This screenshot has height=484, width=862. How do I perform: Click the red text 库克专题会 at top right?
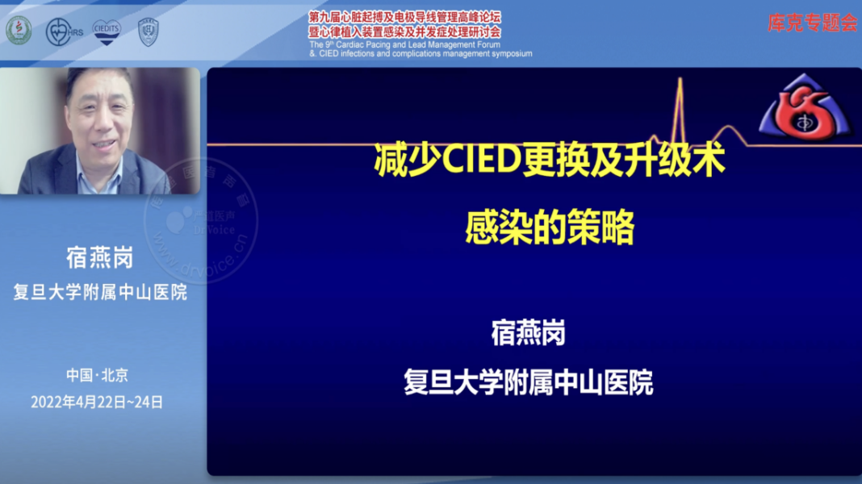812,23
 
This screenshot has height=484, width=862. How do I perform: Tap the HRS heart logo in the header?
64,31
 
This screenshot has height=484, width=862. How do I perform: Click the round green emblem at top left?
19,31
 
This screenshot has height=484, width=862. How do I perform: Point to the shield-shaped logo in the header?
149,31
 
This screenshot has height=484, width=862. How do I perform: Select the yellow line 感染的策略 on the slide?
550,228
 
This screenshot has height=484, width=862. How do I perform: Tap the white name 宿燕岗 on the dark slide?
529,332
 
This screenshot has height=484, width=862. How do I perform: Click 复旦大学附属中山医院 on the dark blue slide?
529,382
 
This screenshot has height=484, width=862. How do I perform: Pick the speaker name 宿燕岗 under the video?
99,258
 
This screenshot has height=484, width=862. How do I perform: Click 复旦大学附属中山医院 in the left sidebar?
99,292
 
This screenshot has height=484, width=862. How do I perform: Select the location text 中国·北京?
97,375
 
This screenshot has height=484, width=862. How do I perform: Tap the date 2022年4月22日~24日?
97,401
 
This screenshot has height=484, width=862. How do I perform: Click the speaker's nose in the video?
100,130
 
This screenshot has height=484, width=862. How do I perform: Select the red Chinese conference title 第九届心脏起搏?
404,16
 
